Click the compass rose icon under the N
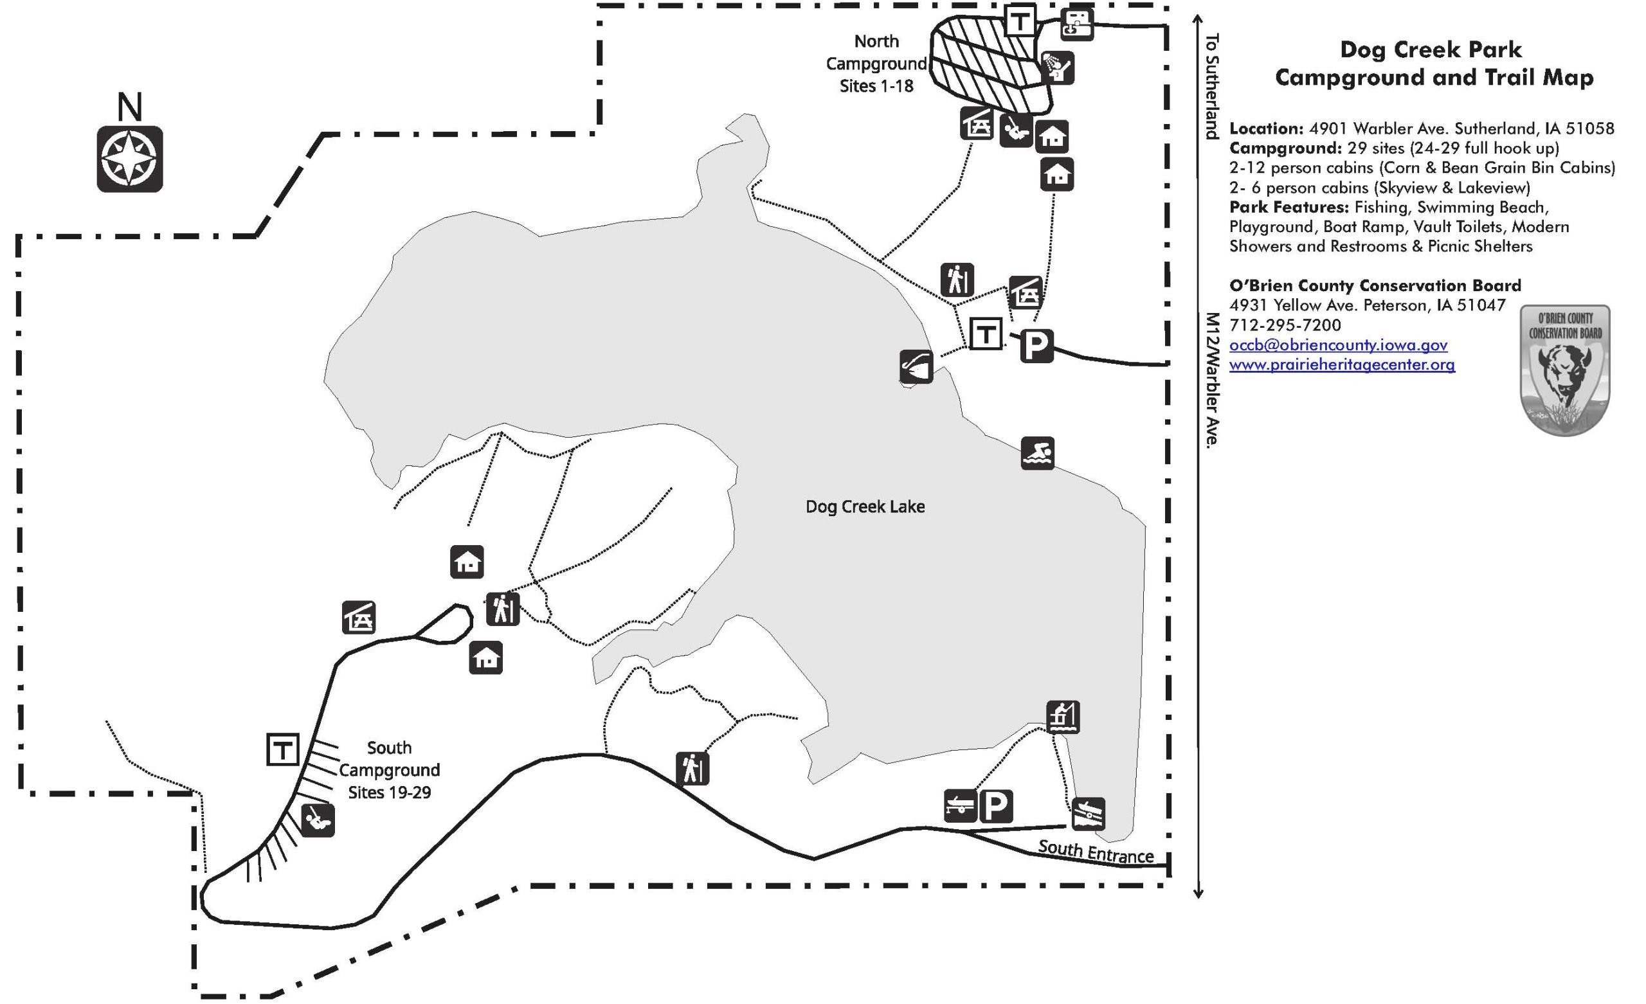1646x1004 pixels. (x=130, y=159)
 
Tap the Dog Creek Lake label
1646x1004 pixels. (x=865, y=506)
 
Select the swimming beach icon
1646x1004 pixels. (x=1038, y=454)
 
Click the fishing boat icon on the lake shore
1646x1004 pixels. (x=916, y=367)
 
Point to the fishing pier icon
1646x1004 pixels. (x=1063, y=717)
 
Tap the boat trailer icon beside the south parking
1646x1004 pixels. (x=960, y=806)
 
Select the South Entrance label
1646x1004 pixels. (x=1096, y=852)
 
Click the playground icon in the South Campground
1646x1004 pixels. (x=318, y=820)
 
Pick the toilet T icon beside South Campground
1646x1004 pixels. (x=282, y=749)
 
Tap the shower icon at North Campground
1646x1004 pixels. (x=1058, y=67)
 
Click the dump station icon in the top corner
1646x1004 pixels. (x=1077, y=24)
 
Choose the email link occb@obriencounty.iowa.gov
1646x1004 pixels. (x=1338, y=345)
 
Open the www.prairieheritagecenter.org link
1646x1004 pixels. (x=1342, y=364)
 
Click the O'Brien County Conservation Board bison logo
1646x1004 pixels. (x=1565, y=370)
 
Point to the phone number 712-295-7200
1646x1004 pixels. (x=1285, y=325)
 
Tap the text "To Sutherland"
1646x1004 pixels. (x=1211, y=86)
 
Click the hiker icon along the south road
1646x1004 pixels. (x=692, y=768)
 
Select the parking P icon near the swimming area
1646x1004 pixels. (x=1036, y=346)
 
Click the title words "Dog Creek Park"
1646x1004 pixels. (x=1431, y=49)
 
